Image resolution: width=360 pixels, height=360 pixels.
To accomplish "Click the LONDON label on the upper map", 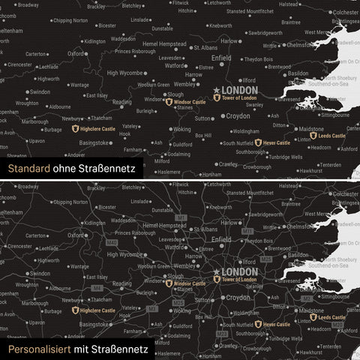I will point(241,90).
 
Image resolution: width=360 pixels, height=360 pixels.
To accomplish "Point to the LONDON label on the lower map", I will point(241,271).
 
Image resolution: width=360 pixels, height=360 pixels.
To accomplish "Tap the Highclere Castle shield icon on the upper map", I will point(75,129).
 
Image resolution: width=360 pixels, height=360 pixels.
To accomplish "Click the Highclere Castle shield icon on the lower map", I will point(75,310).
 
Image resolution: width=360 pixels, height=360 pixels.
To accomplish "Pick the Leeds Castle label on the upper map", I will point(331,136).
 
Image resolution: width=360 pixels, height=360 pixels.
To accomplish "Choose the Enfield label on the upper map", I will point(222,57).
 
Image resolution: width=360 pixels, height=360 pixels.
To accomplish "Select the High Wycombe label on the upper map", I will point(124,73).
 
